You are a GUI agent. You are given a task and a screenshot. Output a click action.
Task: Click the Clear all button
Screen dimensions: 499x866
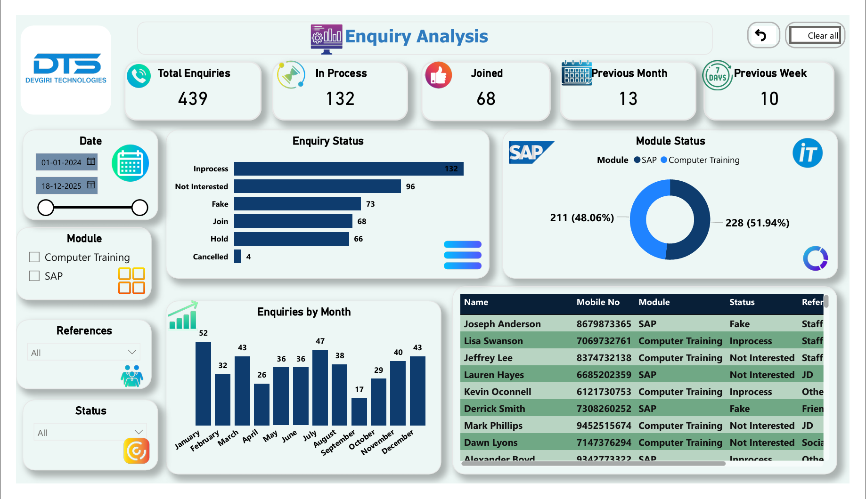click(x=815, y=35)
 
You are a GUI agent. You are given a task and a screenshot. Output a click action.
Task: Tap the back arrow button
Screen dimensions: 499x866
click(x=761, y=35)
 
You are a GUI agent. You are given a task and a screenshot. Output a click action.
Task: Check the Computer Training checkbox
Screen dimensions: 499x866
click(x=34, y=257)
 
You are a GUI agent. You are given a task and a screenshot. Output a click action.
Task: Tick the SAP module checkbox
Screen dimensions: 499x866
click(x=34, y=276)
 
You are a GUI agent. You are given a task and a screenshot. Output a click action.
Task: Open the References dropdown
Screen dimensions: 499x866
click(x=84, y=352)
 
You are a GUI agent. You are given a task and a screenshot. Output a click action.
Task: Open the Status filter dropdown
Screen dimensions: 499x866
click(x=90, y=432)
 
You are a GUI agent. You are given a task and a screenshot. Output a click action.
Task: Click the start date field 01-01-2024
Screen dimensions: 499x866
click(x=66, y=162)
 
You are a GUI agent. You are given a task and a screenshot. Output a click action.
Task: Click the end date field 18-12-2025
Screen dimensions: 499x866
click(x=66, y=185)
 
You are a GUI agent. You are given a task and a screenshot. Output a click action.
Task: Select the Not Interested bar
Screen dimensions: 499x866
click(x=317, y=186)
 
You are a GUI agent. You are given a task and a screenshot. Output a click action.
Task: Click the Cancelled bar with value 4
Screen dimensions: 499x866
click(x=237, y=257)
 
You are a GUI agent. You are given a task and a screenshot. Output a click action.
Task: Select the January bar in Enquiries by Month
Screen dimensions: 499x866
click(x=203, y=384)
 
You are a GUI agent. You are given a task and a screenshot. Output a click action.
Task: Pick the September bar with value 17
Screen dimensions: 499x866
click(x=359, y=411)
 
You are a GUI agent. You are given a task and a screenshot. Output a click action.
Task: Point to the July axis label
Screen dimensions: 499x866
click(x=310, y=435)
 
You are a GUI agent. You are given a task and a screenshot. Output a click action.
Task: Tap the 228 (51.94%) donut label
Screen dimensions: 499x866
click(x=757, y=223)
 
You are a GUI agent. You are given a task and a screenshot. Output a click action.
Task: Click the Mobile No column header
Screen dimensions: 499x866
click(x=598, y=302)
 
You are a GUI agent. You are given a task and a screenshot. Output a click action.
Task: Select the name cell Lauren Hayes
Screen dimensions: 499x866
click(x=494, y=375)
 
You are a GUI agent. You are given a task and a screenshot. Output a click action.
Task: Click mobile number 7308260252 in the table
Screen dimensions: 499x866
click(x=604, y=409)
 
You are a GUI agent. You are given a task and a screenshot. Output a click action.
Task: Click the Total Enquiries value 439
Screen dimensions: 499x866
click(x=193, y=99)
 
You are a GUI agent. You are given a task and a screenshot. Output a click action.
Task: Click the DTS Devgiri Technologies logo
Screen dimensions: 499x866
click(x=66, y=69)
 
